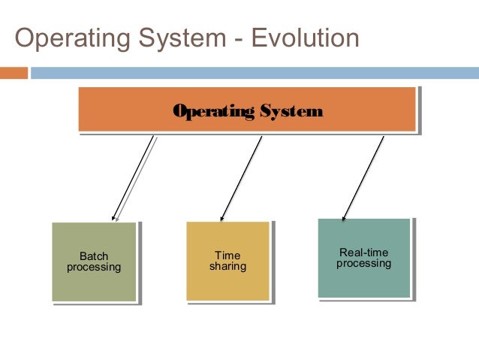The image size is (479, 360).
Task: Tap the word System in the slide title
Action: (177, 38)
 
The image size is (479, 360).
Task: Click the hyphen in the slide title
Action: (238, 39)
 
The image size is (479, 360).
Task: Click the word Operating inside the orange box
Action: (214, 112)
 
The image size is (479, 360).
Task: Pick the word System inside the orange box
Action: (291, 112)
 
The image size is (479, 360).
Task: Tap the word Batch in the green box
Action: (94, 256)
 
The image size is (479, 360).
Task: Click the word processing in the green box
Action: (94, 267)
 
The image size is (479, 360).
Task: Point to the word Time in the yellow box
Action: (227, 256)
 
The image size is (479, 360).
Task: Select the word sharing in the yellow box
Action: (227, 267)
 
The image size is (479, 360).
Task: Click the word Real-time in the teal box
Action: (364, 253)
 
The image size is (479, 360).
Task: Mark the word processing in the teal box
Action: (364, 264)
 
